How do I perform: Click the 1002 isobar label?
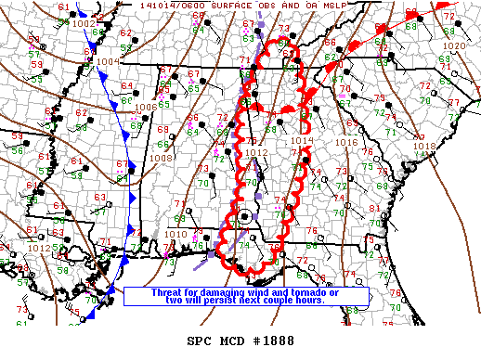83,23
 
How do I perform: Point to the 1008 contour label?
161,158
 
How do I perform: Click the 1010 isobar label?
175,234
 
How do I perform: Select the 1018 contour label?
423,146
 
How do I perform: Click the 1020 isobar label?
454,45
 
